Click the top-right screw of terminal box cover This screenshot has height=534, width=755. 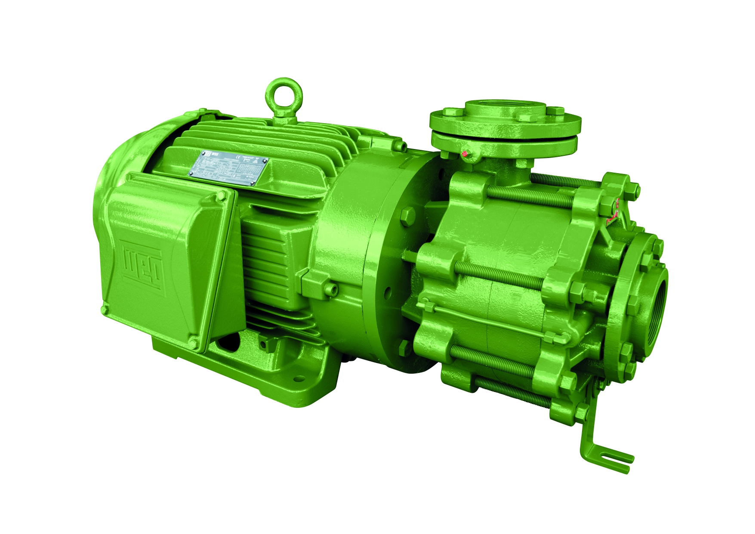[x=222, y=196]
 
